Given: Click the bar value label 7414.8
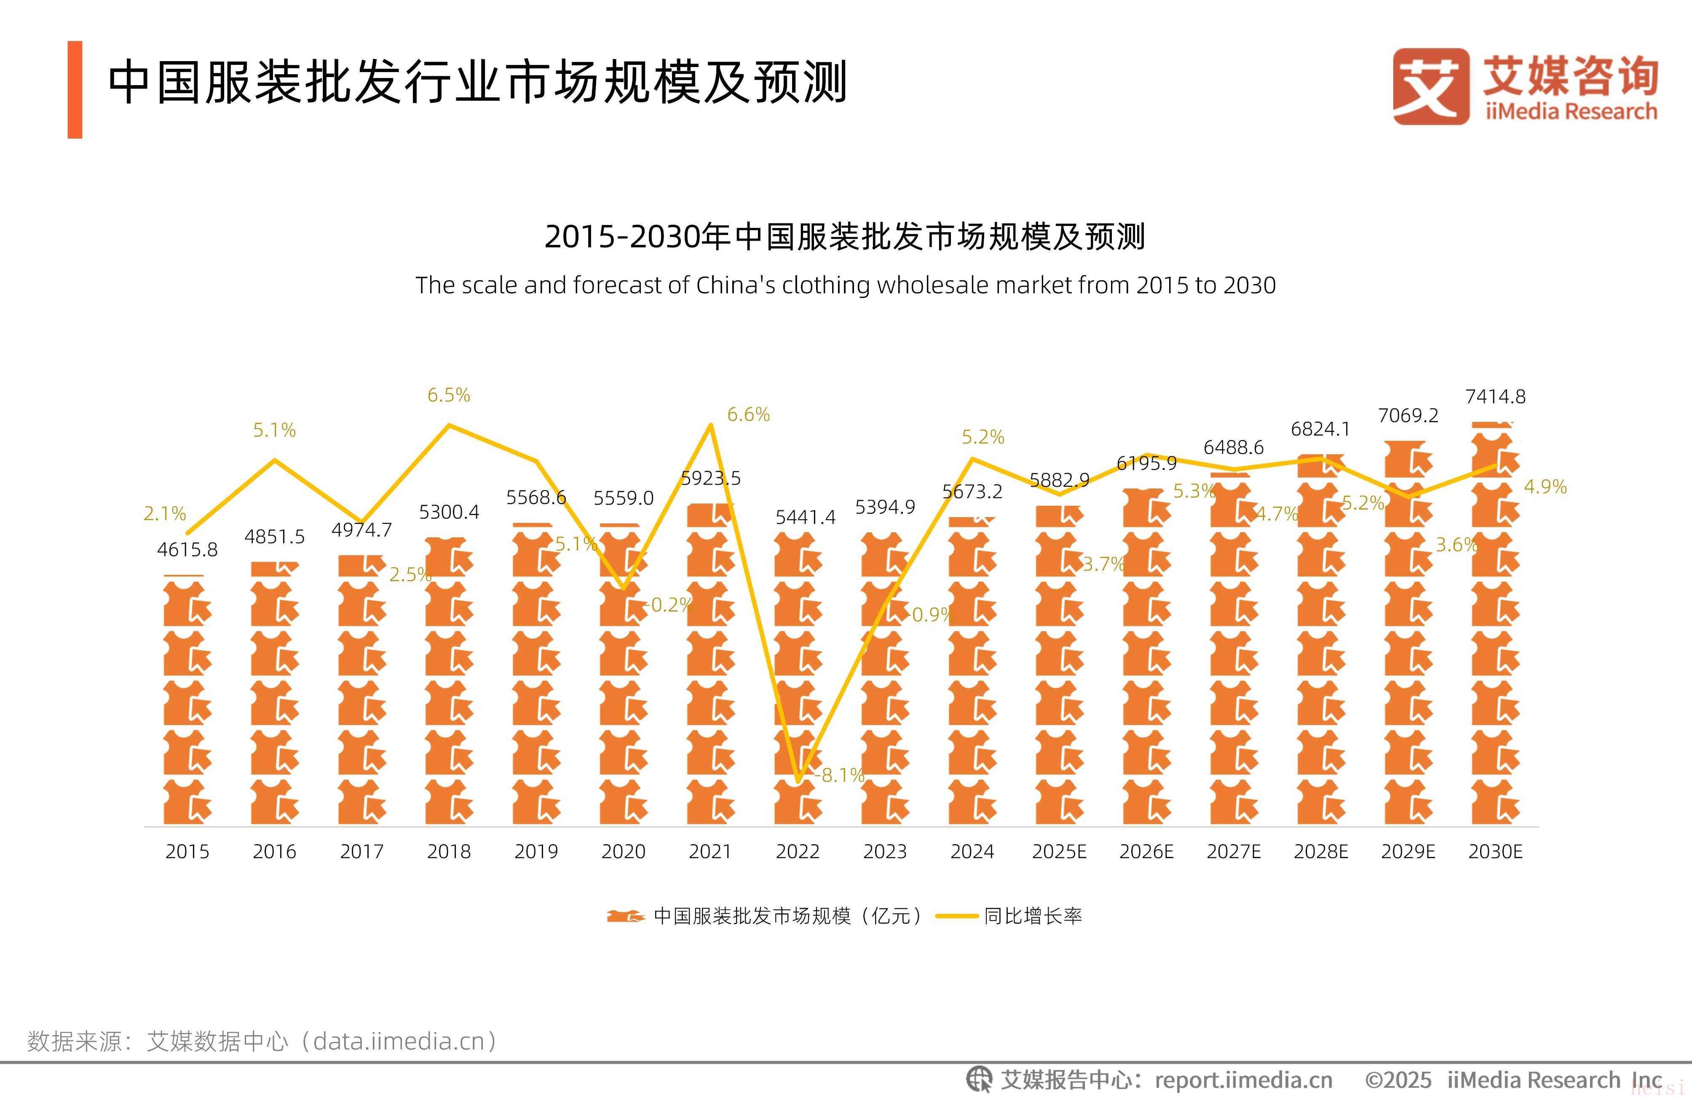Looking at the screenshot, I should click(1495, 397).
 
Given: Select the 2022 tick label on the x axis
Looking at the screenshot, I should click(798, 851).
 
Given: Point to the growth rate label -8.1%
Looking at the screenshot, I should click(842, 775).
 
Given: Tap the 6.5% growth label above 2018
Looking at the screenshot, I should click(449, 395).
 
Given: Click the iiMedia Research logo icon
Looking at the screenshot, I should click(1430, 87).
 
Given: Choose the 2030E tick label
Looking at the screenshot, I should click(1495, 851).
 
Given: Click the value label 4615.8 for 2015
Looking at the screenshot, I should click(187, 550).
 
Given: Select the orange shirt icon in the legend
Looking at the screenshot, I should click(626, 916).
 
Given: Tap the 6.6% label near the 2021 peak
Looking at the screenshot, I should click(748, 415).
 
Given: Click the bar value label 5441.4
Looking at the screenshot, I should click(805, 518).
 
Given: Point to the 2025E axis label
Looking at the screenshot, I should click(1059, 851).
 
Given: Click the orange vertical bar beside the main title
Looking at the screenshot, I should click(75, 90).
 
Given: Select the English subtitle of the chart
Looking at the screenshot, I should click(845, 285).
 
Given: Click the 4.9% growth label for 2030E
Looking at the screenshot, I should click(1545, 487).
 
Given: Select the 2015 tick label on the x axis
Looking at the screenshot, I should click(187, 851).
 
